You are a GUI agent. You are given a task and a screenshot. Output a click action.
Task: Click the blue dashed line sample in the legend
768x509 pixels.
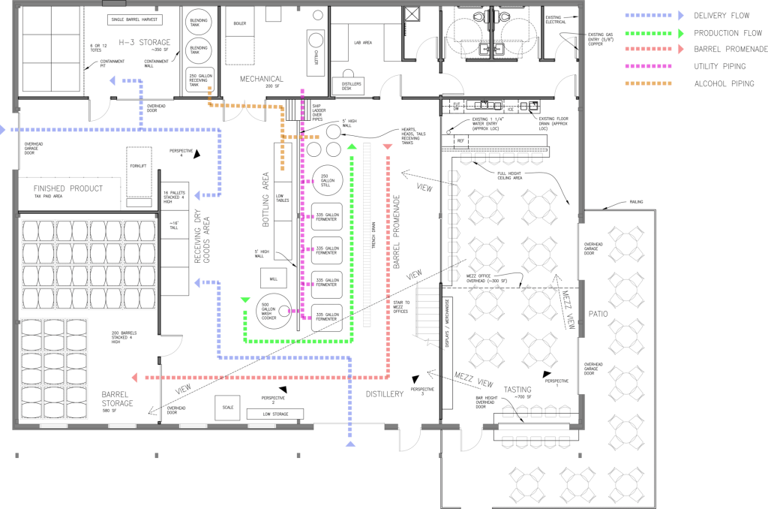click(649, 15)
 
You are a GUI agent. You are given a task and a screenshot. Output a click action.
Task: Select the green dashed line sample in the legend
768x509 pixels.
click(649, 33)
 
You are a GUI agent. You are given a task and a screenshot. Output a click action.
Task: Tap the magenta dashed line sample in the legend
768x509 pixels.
click(649, 66)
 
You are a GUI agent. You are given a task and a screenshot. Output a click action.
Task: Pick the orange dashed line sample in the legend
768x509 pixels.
click(649, 83)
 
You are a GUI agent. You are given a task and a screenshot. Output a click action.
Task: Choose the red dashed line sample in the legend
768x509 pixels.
click(649, 50)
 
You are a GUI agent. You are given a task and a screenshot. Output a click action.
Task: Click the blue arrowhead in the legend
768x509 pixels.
click(680, 15)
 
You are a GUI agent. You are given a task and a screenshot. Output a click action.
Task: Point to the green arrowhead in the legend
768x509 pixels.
click(680, 33)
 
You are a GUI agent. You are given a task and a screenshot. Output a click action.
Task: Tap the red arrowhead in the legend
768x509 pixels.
click(680, 50)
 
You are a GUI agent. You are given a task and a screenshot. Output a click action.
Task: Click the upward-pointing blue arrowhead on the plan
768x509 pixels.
click(349, 444)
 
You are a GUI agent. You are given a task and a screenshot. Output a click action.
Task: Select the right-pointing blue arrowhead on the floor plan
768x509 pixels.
click(3, 130)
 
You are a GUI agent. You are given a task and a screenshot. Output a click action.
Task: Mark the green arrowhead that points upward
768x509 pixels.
click(352, 146)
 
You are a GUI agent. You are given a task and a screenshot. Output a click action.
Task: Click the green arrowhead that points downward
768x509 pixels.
click(245, 301)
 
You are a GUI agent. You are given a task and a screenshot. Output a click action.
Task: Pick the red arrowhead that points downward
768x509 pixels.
click(388, 147)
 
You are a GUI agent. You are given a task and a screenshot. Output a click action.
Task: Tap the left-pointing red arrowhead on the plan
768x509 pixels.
click(134, 377)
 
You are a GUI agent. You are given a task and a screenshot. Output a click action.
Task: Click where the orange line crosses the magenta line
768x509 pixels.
click(302, 137)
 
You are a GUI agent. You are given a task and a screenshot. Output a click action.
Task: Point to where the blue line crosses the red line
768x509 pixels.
click(349, 377)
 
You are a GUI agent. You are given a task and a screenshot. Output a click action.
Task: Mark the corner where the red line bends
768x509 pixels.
click(388, 377)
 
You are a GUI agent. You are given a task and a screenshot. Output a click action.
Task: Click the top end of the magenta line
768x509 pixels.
click(302, 90)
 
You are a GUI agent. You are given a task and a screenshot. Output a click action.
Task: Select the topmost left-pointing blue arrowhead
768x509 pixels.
click(112, 80)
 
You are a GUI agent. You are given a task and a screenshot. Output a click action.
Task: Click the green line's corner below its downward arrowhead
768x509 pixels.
click(245, 341)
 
